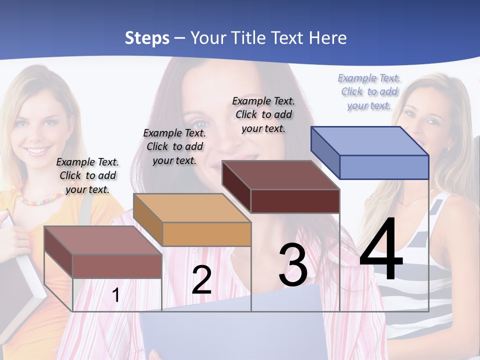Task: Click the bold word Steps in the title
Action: (x=147, y=38)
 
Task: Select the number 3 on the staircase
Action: (x=293, y=265)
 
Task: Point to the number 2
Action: (x=201, y=279)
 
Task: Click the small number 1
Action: (x=116, y=295)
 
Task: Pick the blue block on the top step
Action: (x=370, y=152)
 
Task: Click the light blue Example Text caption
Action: (x=369, y=91)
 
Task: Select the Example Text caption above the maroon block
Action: (x=263, y=114)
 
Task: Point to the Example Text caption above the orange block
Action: (x=174, y=146)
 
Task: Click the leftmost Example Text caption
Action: (x=87, y=175)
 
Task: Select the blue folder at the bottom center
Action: (x=235, y=325)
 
